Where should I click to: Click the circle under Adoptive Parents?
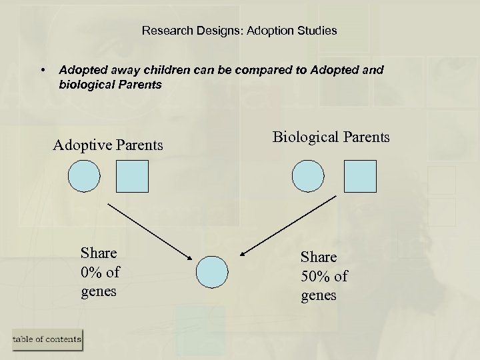tap(84, 176)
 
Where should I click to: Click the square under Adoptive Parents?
tap(132, 176)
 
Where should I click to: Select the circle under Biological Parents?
tap(308, 176)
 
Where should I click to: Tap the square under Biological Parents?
tap(360, 176)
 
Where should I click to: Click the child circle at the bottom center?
tap(212, 272)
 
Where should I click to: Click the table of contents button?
tap(47, 339)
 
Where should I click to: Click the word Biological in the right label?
tap(306, 137)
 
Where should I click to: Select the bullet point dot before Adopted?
tap(43, 70)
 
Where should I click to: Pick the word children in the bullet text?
tap(163, 69)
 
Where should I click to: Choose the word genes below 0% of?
tap(99, 291)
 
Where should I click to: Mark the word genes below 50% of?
tap(319, 295)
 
